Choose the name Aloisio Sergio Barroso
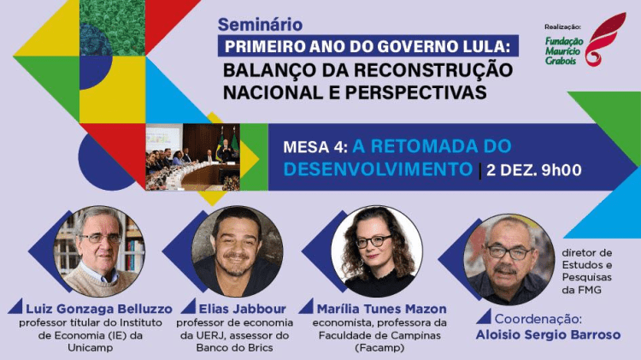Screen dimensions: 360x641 [548, 334]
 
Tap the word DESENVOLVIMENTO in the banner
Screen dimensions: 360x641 [377, 169]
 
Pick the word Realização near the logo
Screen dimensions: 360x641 [563, 27]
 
